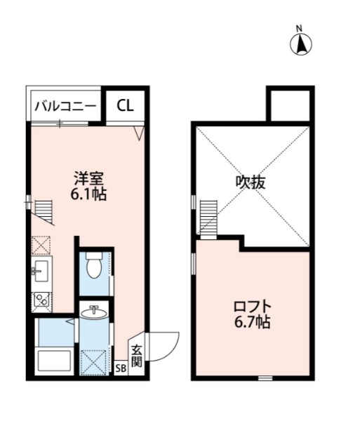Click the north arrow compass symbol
[300, 43]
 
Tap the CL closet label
[125, 106]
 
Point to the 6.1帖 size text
[89, 195]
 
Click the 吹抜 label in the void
[251, 182]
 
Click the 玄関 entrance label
[136, 356]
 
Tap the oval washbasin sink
[93, 313]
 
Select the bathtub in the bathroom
[54, 362]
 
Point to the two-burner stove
[40, 300]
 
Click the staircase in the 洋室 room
[44, 209]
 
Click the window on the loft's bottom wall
[265, 378]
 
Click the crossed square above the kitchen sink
[40, 246]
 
